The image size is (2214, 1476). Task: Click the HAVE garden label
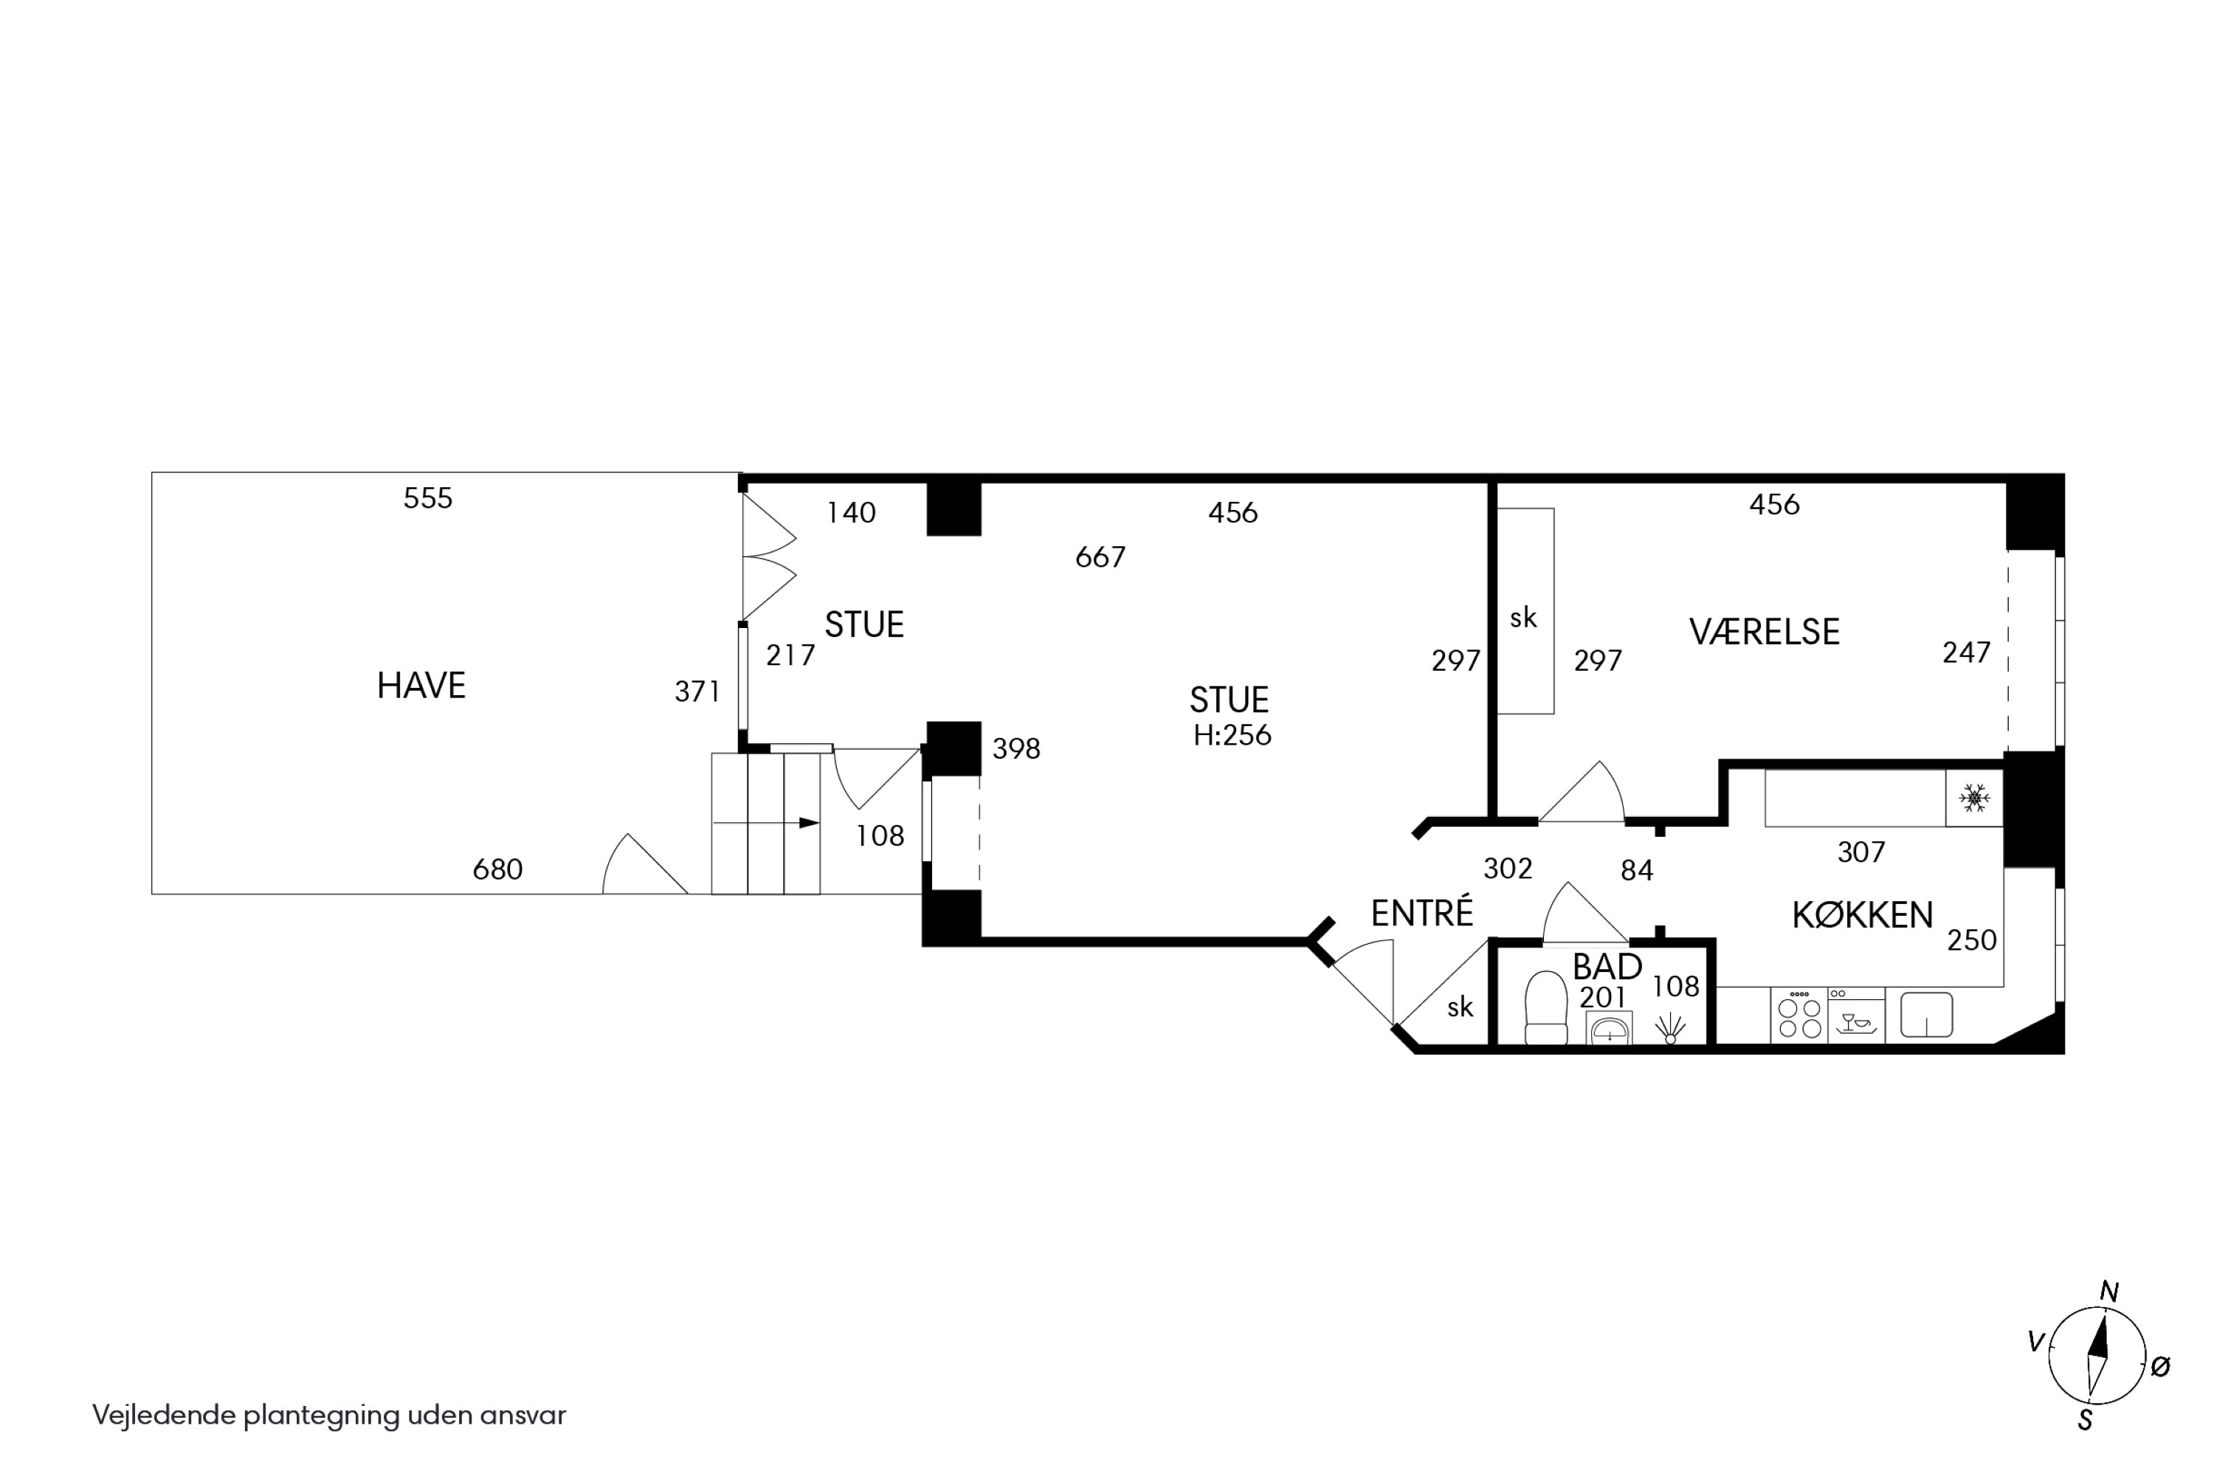[421, 686]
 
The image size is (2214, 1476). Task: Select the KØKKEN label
[1862, 915]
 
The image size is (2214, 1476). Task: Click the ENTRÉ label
[1421, 912]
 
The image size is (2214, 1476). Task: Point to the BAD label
[1607, 967]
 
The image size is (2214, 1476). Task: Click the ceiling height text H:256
[1232, 735]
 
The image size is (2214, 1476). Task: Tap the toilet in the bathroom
[1545, 1008]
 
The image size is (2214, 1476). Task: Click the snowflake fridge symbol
[1974, 799]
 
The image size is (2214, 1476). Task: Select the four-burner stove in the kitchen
[1799, 1015]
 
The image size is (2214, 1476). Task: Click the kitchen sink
[1927, 1015]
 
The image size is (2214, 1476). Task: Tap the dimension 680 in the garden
[497, 869]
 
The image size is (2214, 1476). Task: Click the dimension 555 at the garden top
[427, 498]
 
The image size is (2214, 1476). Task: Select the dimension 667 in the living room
[1100, 557]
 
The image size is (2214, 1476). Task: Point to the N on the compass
[2109, 1292]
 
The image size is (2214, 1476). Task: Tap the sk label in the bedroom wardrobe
[1523, 618]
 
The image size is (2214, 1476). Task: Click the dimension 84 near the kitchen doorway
[1637, 871]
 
